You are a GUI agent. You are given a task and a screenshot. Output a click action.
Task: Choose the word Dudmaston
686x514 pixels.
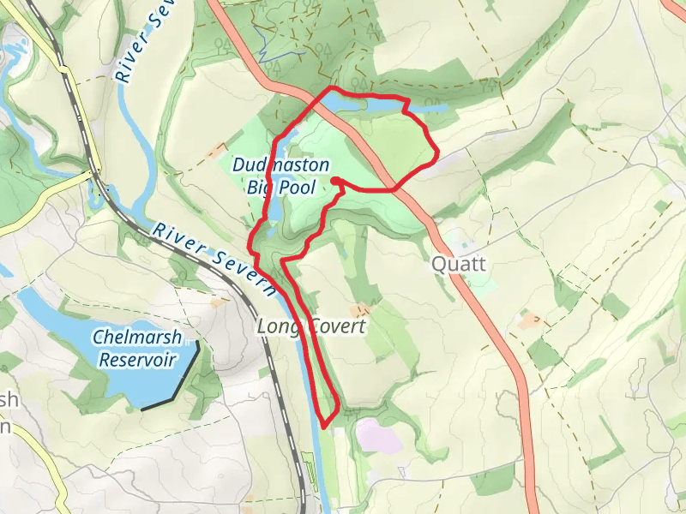280,164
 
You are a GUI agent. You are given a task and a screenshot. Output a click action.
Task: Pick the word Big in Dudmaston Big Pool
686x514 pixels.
259,186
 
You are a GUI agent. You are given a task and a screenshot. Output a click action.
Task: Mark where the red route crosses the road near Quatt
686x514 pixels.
394,188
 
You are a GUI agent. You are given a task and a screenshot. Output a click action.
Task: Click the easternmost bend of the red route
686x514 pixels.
436,154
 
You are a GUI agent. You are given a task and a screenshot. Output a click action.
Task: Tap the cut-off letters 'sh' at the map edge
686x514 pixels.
8,400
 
